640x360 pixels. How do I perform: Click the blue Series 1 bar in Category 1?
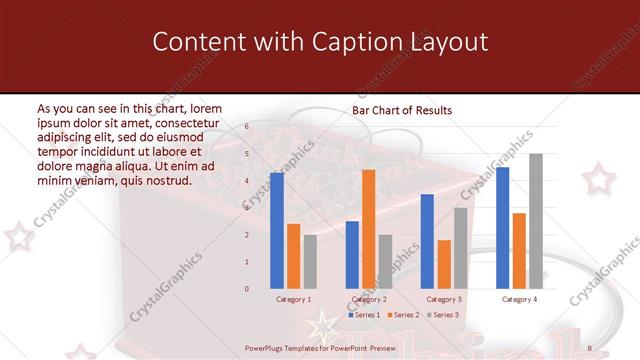point(277,231)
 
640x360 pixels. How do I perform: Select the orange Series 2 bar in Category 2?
point(368,229)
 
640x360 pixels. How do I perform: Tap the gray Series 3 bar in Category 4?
point(536,221)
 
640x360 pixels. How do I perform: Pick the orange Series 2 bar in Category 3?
point(444,264)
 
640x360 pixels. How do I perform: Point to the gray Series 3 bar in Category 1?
point(310,262)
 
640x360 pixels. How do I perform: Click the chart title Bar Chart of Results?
point(402,110)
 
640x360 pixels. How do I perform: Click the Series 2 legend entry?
point(402,315)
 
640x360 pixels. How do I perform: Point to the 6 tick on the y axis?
point(247,127)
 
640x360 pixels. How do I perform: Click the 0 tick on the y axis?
point(247,289)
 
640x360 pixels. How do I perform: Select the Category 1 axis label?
point(293,299)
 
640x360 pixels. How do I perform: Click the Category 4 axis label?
point(519,299)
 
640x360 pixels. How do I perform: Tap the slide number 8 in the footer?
point(590,347)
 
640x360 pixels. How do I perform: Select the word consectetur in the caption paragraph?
point(183,121)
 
